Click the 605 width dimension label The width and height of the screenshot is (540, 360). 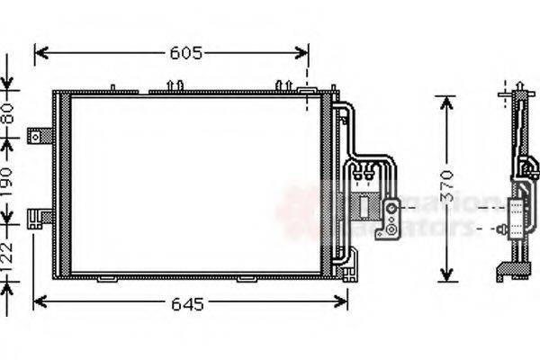tap(184, 53)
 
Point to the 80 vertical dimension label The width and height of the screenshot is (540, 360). tap(9, 113)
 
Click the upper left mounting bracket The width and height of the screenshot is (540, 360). tap(40, 136)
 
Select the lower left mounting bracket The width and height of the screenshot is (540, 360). tap(40, 216)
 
